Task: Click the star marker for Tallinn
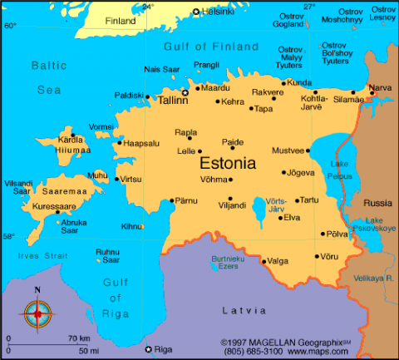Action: pyautogui.click(x=185, y=92)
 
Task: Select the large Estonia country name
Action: pyautogui.click(x=239, y=163)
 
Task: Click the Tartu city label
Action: pyautogui.click(x=309, y=200)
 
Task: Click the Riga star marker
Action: pyautogui.click(x=148, y=349)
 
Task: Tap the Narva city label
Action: pyautogui.click(x=379, y=86)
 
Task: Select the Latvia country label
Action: pyautogui.click(x=244, y=310)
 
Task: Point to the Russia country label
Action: pyautogui.click(x=377, y=202)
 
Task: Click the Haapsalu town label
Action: pyautogui.click(x=141, y=143)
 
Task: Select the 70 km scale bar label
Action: pyautogui.click(x=79, y=338)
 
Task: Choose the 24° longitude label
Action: pyautogui.click(x=148, y=7)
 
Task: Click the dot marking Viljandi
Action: pyautogui.click(x=230, y=200)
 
